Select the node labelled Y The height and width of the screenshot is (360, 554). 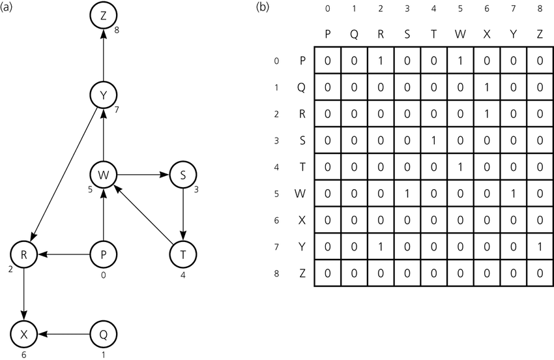pyautogui.click(x=104, y=95)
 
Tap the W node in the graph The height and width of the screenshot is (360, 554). pyautogui.click(x=104, y=175)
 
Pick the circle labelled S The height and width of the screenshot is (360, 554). pyautogui.click(x=183, y=175)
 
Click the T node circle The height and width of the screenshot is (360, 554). pyautogui.click(x=183, y=254)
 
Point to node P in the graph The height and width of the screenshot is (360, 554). pyautogui.click(x=104, y=254)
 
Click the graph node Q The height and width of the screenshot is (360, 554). pyautogui.click(x=104, y=334)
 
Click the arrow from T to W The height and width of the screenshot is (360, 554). pyautogui.click(x=143, y=215)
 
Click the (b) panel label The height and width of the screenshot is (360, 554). pyautogui.click(x=261, y=7)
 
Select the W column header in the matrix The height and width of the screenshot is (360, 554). pyautogui.click(x=460, y=35)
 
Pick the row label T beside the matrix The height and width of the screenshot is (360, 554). pyautogui.click(x=302, y=166)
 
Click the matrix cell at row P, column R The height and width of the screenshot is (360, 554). pyautogui.click(x=381, y=61)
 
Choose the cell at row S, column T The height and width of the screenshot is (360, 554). pyautogui.click(x=433, y=140)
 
